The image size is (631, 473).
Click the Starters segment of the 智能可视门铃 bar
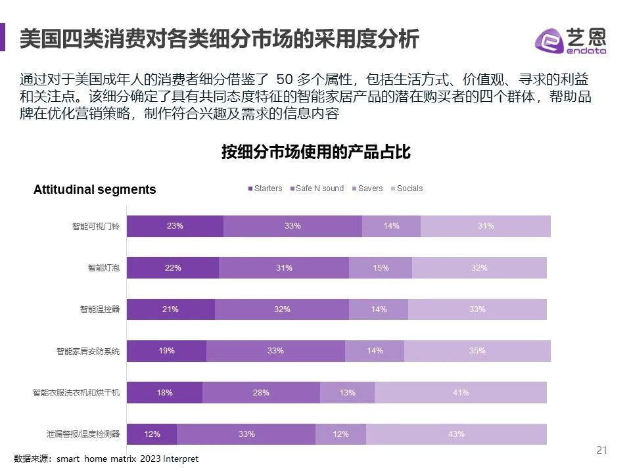coord(175,226)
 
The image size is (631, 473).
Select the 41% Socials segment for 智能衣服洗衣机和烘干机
coord(460,392)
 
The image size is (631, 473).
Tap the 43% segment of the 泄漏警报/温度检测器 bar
coord(456,434)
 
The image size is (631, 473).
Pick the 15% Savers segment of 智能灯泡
coord(380,267)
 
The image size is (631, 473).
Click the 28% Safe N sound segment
coord(261,392)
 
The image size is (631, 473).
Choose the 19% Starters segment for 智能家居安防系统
coord(166,351)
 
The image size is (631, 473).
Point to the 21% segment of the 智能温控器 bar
coord(170,309)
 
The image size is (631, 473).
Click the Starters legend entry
coord(265,189)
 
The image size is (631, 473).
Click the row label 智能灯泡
coord(104,268)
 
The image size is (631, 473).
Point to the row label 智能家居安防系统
coord(88,351)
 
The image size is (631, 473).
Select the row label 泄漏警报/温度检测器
coord(83,434)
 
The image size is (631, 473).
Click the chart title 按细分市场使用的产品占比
coord(315,153)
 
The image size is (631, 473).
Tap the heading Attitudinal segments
coord(95,190)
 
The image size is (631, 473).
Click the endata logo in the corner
coord(571,41)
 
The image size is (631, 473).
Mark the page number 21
coord(601,450)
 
